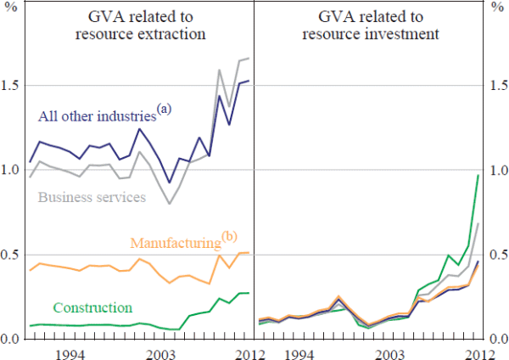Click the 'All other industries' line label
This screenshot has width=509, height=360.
click(96, 117)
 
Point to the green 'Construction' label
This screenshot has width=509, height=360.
click(92, 307)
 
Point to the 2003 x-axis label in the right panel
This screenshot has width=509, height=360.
click(389, 352)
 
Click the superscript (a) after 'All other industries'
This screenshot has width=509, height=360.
click(164, 109)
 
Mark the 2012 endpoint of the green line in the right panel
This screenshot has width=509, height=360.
click(478, 175)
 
